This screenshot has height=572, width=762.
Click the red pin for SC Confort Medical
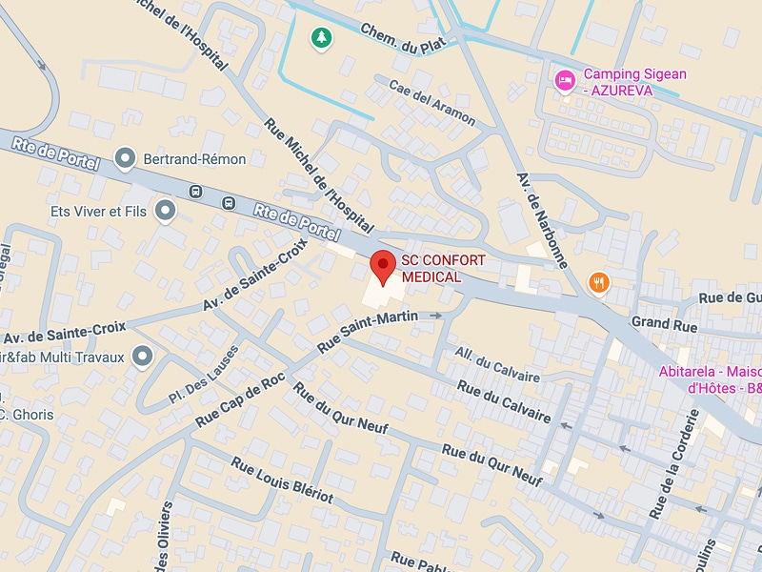382,266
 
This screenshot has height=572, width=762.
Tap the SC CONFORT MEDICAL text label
443,269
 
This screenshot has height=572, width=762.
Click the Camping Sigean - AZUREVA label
634,81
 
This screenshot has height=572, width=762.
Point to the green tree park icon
322,38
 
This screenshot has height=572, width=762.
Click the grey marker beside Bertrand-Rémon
124,158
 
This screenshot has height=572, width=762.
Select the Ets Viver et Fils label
98,211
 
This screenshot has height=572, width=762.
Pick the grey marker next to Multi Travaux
143,357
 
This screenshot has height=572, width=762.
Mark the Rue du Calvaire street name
504,401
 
